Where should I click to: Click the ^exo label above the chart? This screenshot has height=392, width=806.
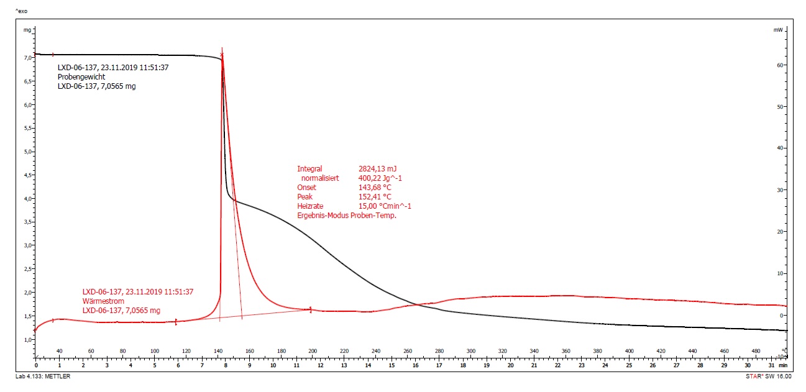21,11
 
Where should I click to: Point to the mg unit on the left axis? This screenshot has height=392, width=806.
27,29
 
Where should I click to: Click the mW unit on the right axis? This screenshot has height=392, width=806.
778,29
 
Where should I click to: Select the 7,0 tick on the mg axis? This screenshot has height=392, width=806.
27,58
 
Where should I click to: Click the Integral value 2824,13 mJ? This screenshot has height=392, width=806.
377,168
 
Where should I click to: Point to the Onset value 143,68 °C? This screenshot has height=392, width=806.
375,187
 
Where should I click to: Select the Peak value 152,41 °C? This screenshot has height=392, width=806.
375,196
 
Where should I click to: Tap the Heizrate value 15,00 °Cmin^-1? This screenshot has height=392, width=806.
385,206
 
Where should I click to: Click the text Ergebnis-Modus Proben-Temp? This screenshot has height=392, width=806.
346,215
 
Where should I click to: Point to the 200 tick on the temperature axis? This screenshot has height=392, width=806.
312,351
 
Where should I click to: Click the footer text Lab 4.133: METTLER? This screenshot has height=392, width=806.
42,376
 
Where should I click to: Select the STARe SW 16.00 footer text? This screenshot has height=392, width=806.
769,376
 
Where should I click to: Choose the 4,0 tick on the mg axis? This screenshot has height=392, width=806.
27,199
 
